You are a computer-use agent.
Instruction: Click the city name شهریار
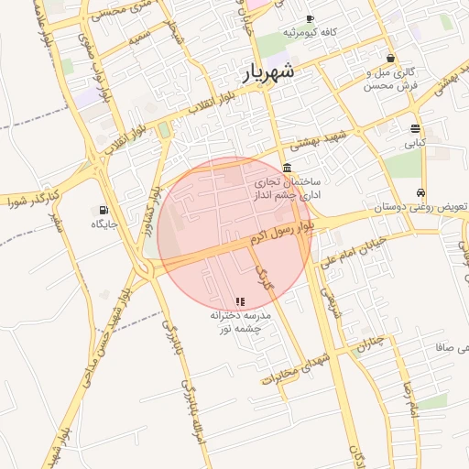pyautogui.click(x=270, y=71)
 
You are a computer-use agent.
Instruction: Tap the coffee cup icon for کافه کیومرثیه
pyautogui.click(x=310, y=18)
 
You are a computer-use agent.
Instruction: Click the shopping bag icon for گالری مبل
pyautogui.click(x=390, y=58)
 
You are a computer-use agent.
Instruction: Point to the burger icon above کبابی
pyautogui.click(x=416, y=128)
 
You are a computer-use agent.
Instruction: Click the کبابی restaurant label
pyautogui.click(x=416, y=143)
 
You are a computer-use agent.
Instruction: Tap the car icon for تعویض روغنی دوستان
pyautogui.click(x=420, y=193)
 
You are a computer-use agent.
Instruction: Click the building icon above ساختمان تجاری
pyautogui.click(x=288, y=168)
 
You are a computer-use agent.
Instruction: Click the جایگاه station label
pyautogui.click(x=99, y=223)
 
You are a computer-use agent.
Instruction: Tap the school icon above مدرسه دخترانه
pyautogui.click(x=240, y=300)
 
